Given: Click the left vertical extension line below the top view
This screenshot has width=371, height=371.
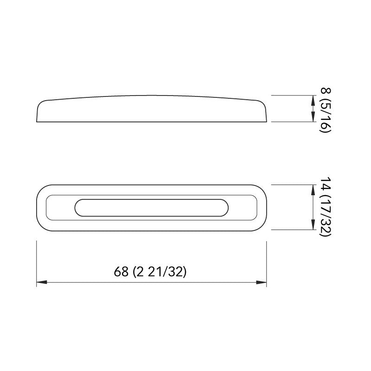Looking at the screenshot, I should coord(37,262).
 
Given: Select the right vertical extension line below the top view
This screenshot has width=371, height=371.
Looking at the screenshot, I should coord(267,262).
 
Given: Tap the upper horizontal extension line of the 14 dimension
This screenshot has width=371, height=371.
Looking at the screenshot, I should coord(292,185).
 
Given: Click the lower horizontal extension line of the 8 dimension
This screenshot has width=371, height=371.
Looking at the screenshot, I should coord(292,122).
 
